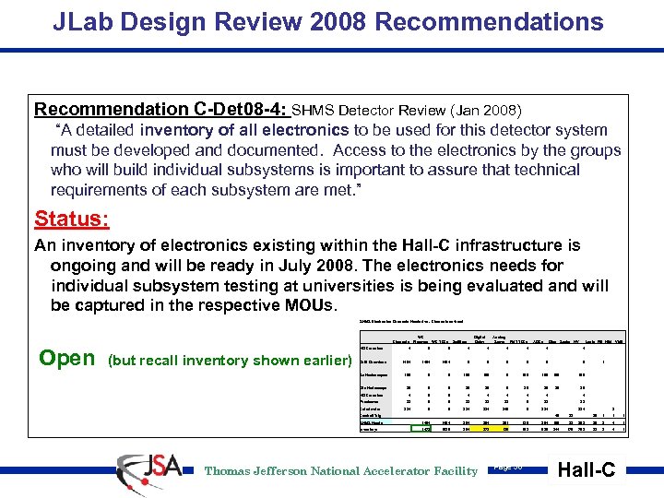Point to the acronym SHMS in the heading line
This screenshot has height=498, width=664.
pos(317,110)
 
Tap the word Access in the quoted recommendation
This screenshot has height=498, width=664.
pos(362,149)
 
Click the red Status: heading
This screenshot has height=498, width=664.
pos(72,219)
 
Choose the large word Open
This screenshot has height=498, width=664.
pos(66,359)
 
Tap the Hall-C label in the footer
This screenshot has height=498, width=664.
pos(587,469)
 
